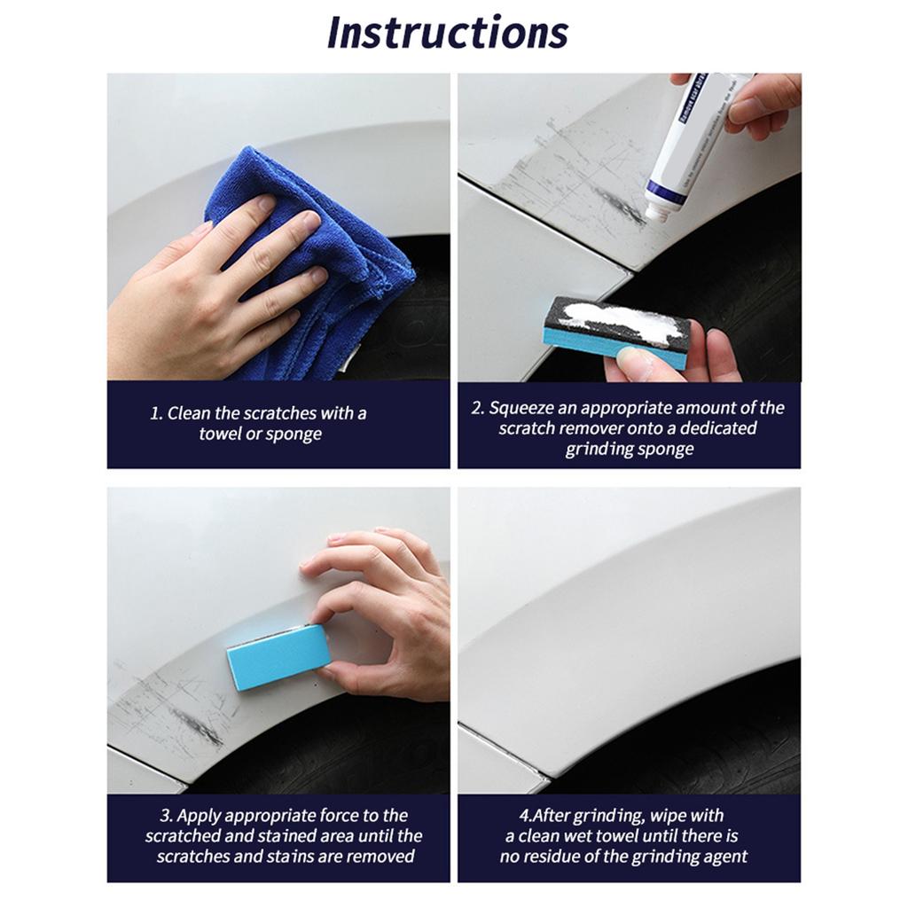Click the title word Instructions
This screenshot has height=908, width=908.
[x=448, y=33]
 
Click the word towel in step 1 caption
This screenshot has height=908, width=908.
[x=220, y=434]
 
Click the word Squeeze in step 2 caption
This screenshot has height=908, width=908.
[x=523, y=408]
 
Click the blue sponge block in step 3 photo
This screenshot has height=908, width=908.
[x=278, y=656]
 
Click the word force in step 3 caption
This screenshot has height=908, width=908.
[x=342, y=816]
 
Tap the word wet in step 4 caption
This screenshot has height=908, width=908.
[x=604, y=836]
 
